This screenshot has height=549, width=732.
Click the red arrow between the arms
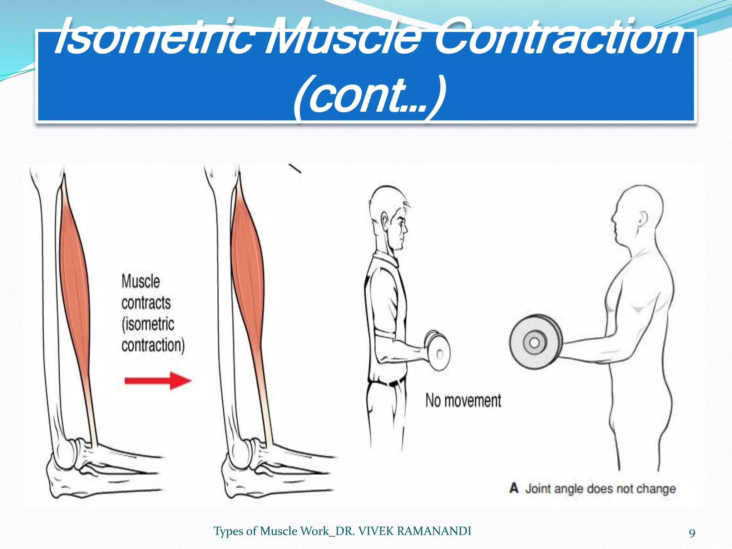158,381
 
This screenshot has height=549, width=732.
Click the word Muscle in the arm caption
140,281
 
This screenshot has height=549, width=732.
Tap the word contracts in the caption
146,303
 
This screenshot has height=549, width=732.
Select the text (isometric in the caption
148,324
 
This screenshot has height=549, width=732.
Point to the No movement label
463,401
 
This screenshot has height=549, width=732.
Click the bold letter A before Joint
514,488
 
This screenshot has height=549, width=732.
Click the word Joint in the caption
538,489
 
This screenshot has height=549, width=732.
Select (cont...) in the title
370,97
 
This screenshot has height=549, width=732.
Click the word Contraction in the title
558,38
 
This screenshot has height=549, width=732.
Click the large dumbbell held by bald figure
535,342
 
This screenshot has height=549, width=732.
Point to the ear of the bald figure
643,218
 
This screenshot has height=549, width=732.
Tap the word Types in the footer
228,531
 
